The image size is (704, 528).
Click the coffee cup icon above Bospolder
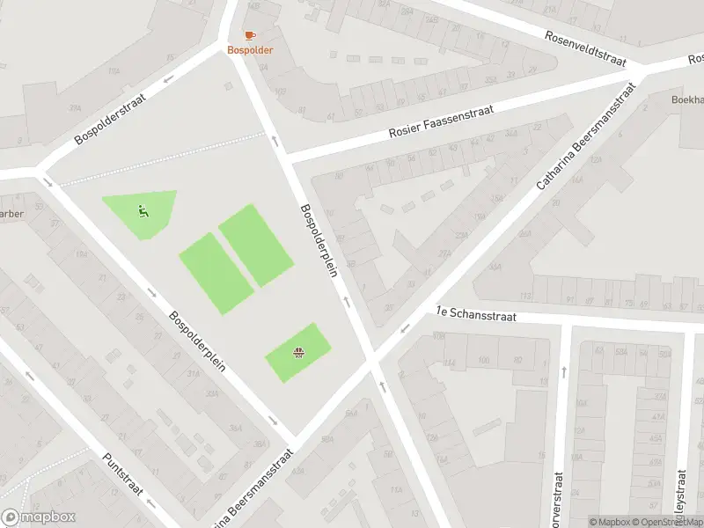(250, 35)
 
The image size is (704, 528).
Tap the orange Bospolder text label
(250, 50)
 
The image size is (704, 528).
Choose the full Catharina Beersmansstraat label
(586, 137)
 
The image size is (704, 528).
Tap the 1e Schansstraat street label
(475, 314)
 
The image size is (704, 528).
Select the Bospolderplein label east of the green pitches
(319, 242)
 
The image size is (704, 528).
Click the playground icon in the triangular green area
(142, 210)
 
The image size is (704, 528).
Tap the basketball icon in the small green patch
(298, 354)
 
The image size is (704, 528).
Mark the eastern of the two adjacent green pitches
(255, 245)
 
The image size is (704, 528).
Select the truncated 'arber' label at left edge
(11, 214)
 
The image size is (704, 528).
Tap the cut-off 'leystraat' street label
(680, 498)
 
